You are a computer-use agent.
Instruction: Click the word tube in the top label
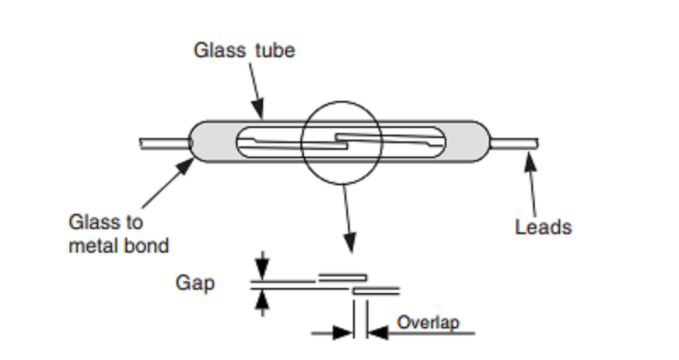(x=275, y=50)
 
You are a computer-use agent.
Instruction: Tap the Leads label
(x=543, y=227)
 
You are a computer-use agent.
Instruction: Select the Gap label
(x=195, y=283)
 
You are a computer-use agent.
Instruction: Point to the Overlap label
(x=428, y=322)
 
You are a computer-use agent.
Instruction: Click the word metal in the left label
(x=94, y=246)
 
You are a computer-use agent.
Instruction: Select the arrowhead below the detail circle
(x=350, y=243)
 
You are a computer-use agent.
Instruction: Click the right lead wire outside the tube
(x=513, y=144)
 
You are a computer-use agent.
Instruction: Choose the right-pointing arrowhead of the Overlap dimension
(x=342, y=333)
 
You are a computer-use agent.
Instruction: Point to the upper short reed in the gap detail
(x=342, y=277)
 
